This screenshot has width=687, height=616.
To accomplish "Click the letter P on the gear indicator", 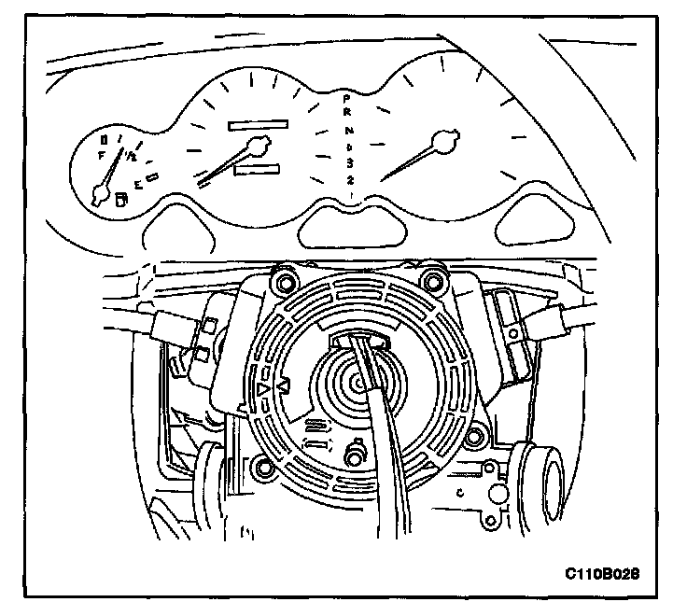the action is [x=346, y=97].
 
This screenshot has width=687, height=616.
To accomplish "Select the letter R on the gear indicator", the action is [x=346, y=113].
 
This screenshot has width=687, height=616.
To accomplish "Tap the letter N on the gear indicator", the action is [x=346, y=130].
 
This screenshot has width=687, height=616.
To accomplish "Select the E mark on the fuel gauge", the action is [x=138, y=185].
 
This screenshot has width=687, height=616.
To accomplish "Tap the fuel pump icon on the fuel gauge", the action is [x=119, y=198].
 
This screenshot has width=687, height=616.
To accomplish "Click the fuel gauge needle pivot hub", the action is [x=99, y=194].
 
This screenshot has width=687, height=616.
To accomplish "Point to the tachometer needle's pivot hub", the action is [x=259, y=144].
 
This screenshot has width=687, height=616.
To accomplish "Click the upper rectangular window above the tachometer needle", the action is [x=258, y=122].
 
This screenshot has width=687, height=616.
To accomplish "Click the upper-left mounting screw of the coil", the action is [x=277, y=278].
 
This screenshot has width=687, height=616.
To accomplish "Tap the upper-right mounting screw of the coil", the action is [x=431, y=279].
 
